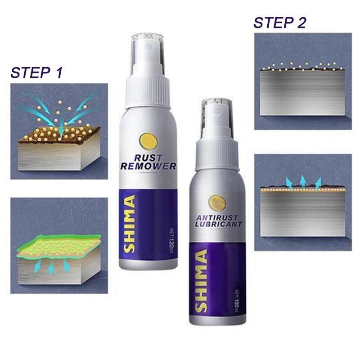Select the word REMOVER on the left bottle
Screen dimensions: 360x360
pyautogui.click(x=148, y=166)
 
